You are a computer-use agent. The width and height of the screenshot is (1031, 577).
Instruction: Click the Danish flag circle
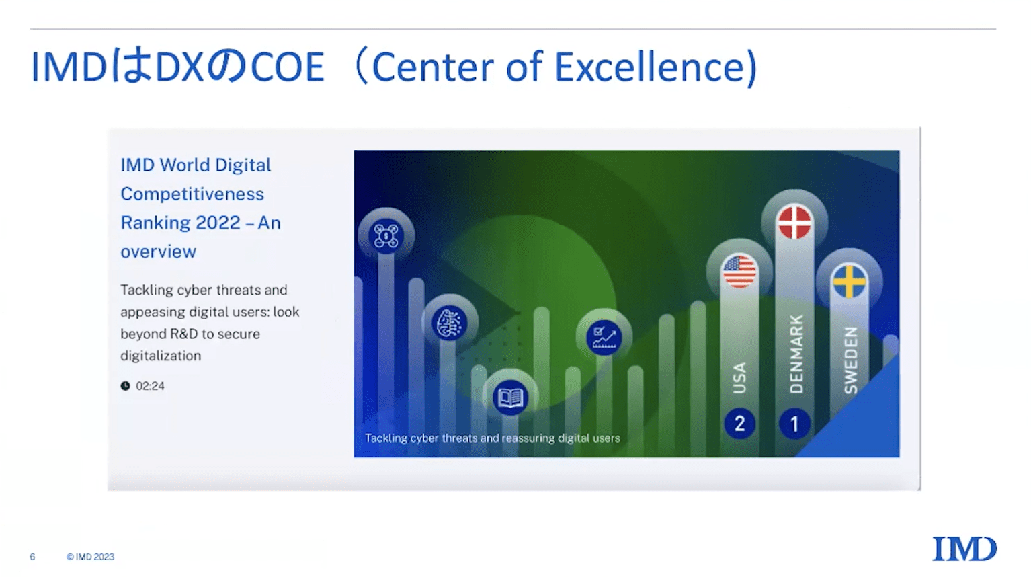pos(794,223)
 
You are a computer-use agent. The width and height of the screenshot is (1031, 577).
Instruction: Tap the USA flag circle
pos(739,272)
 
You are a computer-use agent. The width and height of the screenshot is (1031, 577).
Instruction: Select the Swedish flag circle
pos(849,281)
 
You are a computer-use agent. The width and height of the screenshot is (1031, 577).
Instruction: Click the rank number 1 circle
pos(794,424)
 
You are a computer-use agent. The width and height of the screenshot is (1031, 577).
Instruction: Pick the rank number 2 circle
pos(740,424)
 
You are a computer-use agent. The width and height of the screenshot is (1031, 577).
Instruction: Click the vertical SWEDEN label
pos(851,360)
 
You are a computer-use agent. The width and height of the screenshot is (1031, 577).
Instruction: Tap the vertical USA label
pos(739,378)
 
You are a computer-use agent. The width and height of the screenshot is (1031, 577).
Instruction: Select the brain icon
pos(449,323)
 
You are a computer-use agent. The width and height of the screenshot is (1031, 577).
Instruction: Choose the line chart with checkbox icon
pos(604,338)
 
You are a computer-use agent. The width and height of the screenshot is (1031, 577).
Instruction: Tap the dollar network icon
pos(386,236)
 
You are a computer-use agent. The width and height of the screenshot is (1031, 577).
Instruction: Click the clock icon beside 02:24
pos(125,386)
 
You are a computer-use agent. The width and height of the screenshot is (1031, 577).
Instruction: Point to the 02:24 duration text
pos(150,386)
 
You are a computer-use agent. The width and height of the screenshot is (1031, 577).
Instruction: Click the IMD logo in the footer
pos(964,549)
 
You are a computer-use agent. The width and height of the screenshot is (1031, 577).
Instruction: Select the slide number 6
pos(32,557)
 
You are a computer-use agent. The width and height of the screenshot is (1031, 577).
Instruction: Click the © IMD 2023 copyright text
pos(90,557)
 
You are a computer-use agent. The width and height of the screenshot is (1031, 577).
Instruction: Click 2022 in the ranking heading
pos(218,223)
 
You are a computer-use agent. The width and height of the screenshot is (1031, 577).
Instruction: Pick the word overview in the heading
pos(159,252)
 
